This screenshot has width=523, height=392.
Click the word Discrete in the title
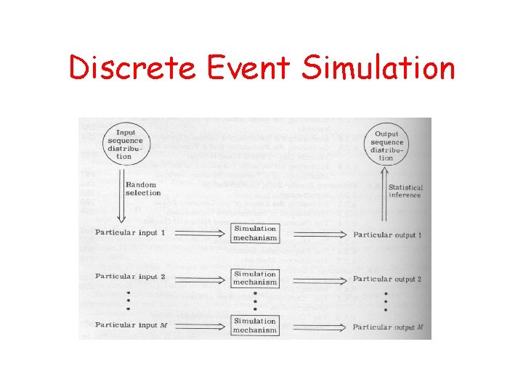132,68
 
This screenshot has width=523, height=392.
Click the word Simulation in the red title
378,68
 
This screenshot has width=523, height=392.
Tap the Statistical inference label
405,191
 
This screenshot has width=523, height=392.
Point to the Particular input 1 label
130,232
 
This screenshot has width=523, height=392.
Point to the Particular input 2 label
130,277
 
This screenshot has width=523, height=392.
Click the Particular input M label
131,324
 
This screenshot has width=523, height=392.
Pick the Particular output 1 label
387,235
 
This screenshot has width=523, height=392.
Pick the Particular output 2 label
387,279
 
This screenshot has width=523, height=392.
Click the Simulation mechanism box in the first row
255,233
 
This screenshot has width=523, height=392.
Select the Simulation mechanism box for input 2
255,278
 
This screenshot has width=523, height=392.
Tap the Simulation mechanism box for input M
255,325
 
